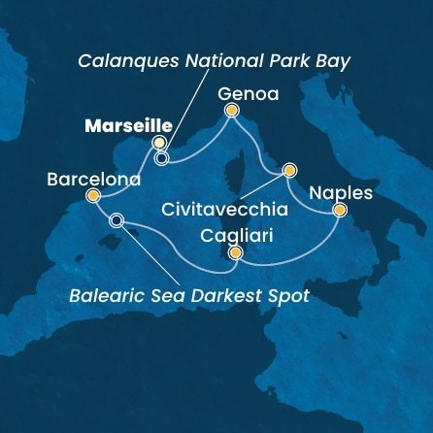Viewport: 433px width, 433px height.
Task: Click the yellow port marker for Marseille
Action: pos(159,143)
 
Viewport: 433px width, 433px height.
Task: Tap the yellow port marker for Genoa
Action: pos(231,110)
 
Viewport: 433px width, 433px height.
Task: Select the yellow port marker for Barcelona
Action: pos(92,195)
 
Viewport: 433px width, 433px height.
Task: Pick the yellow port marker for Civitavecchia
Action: pos(288,170)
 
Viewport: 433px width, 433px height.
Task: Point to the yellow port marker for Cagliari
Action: pos(234,253)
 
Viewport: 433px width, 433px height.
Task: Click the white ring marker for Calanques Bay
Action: pos(161,157)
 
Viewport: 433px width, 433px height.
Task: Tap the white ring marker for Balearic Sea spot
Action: pos(117,220)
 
